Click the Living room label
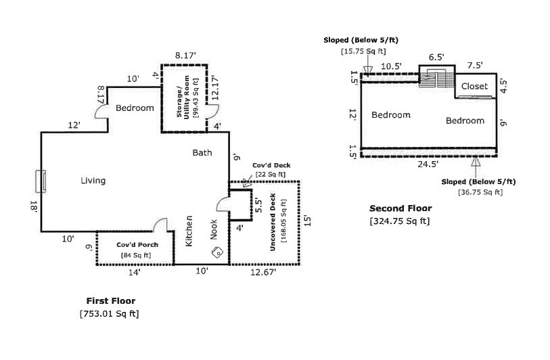(x=93, y=180)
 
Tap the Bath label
(x=202, y=152)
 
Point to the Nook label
(x=214, y=232)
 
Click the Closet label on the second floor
(x=474, y=87)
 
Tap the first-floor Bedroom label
(x=135, y=108)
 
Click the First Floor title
(x=110, y=300)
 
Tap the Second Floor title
(x=400, y=208)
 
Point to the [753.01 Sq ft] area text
(x=110, y=313)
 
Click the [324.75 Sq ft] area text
(x=399, y=221)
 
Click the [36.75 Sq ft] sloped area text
(x=478, y=192)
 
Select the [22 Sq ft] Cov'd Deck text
(x=270, y=174)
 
